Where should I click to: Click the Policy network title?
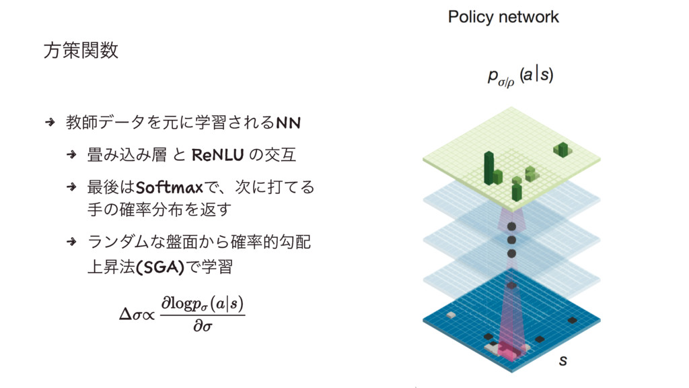click(x=503, y=18)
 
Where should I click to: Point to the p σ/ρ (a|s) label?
click(x=519, y=76)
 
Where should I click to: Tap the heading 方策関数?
click(x=81, y=51)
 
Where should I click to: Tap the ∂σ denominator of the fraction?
click(x=201, y=327)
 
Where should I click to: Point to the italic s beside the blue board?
click(x=563, y=362)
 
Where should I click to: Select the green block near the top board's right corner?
click(x=561, y=149)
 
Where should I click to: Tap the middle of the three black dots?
click(x=511, y=240)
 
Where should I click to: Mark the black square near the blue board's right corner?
click(x=572, y=320)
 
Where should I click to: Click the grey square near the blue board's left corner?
click(x=492, y=348)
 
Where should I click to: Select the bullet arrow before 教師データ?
click(x=49, y=123)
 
